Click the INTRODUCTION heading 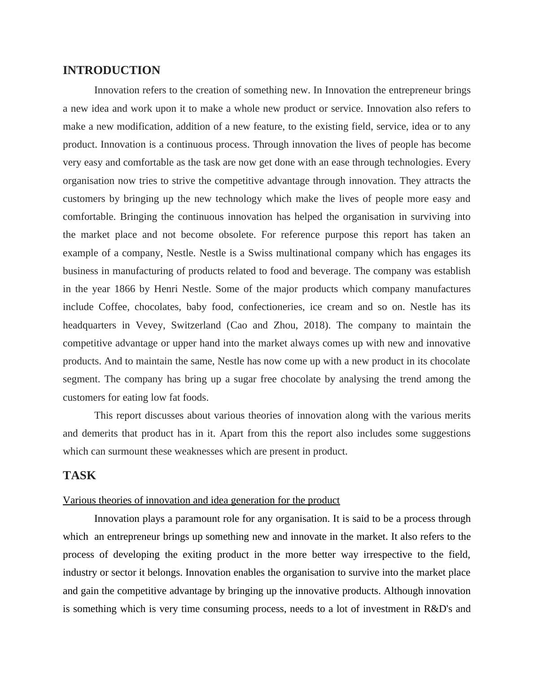pyautogui.click(x=111, y=70)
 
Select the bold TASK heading pyautogui.click(x=79, y=476)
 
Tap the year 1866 pyautogui.click(x=125, y=289)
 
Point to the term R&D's pyautogui.click(x=439, y=609)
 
